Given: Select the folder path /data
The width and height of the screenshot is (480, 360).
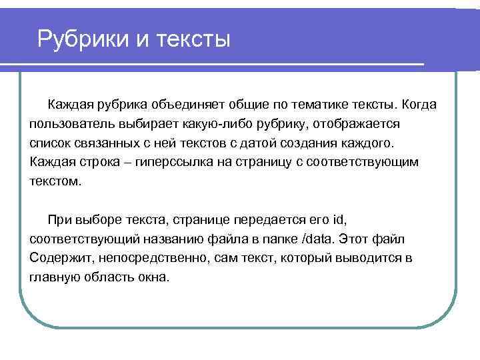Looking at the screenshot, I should click(320, 239).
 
